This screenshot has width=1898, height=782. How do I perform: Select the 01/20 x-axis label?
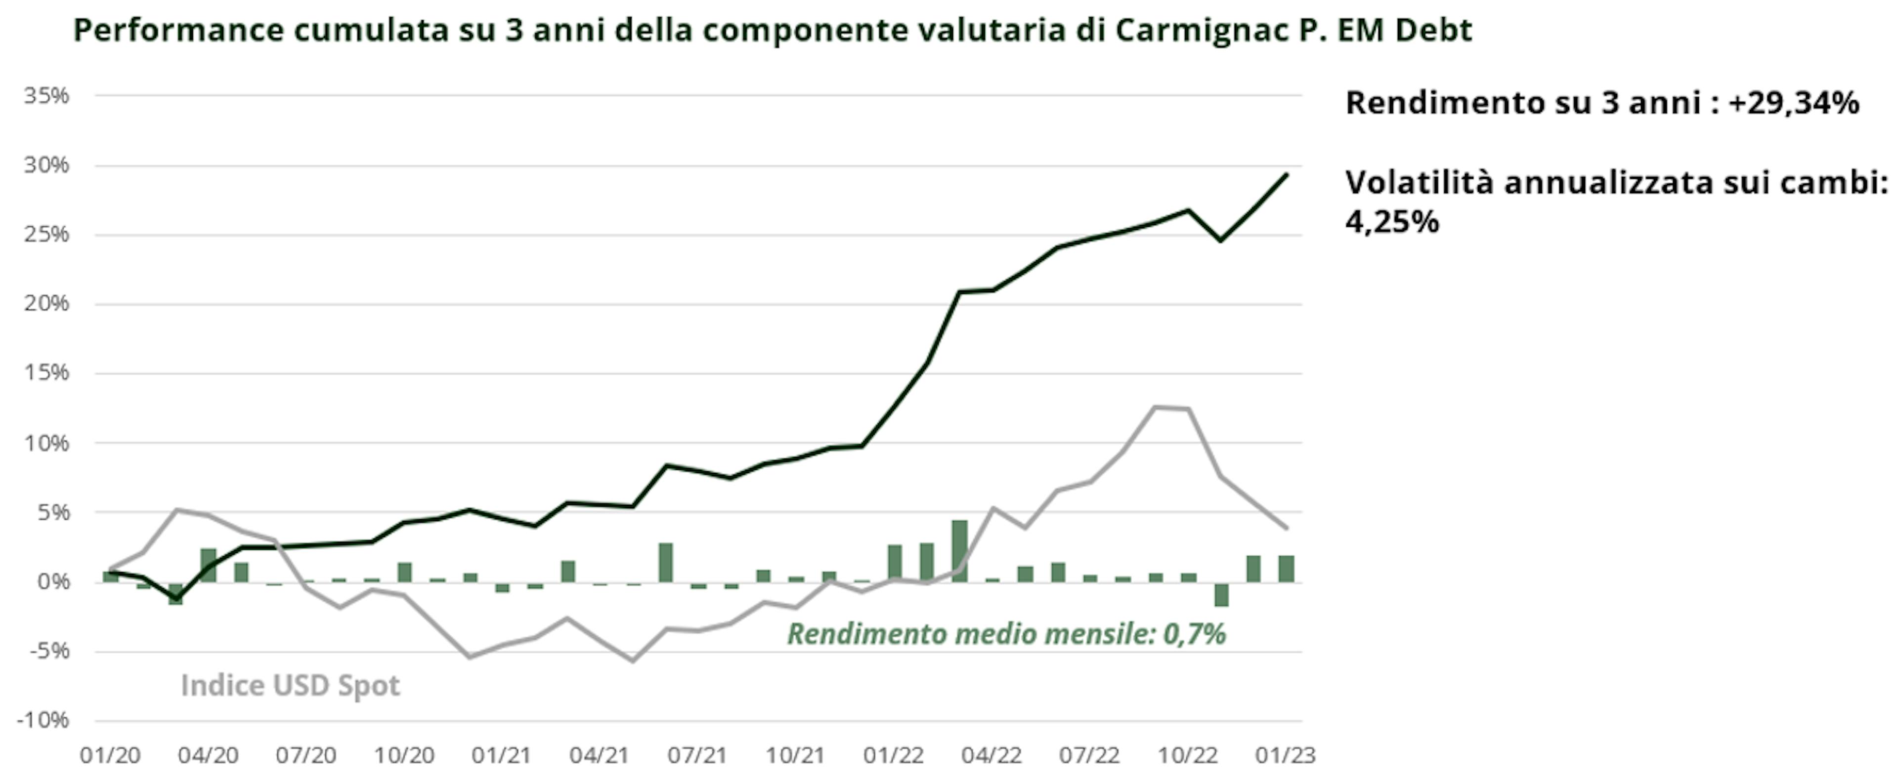111,755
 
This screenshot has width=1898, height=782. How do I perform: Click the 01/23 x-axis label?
1285,755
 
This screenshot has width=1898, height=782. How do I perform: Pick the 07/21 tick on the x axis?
697,755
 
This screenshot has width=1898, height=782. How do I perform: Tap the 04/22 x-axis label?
992,755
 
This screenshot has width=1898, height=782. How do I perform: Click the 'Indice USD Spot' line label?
290,686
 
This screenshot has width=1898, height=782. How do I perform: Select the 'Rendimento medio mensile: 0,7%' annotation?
1006,634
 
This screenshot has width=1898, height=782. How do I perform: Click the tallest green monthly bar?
959,551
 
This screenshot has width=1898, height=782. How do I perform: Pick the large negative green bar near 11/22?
1221,594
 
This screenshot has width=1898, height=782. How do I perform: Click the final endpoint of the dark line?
1287,174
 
